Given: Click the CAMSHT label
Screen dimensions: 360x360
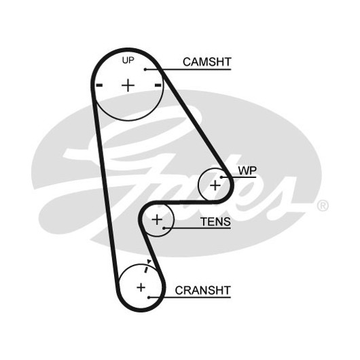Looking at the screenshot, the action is (x=207, y=62).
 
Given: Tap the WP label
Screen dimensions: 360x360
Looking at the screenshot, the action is (x=247, y=170).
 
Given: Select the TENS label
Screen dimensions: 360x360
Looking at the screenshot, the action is (x=215, y=222).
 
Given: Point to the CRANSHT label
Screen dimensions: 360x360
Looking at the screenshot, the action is (x=202, y=291).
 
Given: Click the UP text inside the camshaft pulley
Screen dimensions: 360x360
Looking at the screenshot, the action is (x=128, y=60).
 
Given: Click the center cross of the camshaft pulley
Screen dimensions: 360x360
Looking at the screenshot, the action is (x=128, y=86).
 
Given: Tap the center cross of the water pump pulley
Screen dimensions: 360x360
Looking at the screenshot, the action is (x=215, y=185).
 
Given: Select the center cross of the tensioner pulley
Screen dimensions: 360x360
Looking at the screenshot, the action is (x=158, y=219).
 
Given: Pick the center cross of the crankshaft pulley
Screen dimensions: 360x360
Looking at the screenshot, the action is (x=141, y=287).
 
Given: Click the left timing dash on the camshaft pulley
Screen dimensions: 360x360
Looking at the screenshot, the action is (x=99, y=86).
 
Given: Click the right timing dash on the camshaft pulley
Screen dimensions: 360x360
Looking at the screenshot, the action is (x=158, y=86).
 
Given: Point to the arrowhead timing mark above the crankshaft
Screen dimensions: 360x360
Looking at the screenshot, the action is (x=149, y=262).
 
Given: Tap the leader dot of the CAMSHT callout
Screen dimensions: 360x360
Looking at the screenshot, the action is (x=145, y=69).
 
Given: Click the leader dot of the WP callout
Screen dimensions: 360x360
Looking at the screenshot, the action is (x=221, y=177).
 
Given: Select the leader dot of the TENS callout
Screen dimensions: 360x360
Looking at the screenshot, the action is (x=164, y=228).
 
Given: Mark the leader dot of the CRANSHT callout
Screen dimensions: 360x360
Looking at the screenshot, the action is (x=149, y=298).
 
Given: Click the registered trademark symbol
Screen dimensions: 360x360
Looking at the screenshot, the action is (x=323, y=206).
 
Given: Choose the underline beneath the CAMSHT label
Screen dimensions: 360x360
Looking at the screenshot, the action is (x=188, y=69).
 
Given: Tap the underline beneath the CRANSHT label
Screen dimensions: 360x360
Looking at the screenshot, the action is (x=190, y=298).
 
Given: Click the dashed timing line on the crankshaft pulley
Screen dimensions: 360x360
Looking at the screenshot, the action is (x=145, y=269).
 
